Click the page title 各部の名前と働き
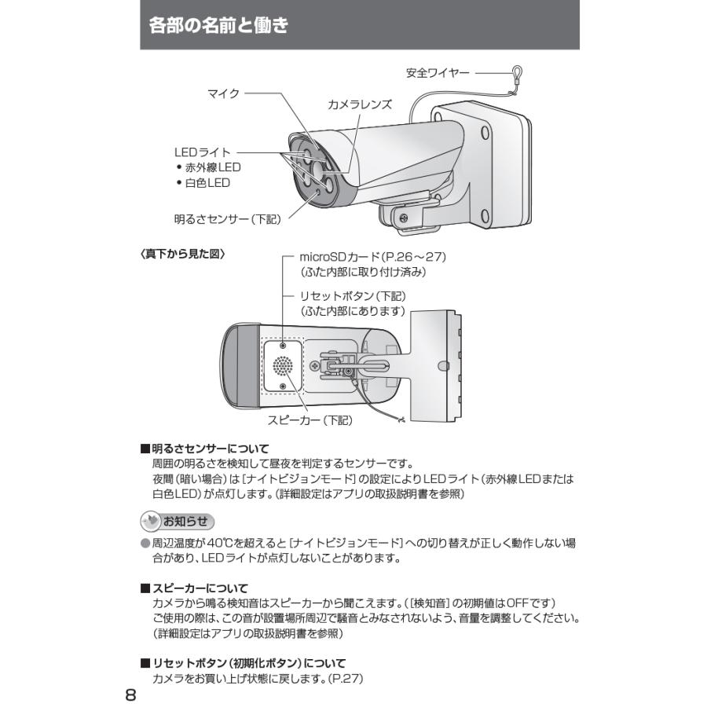point(218,26)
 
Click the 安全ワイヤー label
point(438,73)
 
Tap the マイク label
point(222,93)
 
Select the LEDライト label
point(202,152)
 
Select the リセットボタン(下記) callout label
point(353,297)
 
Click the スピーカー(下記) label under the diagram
point(310,420)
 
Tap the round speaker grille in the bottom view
point(282,365)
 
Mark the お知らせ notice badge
point(177,522)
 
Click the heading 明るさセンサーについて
point(210,449)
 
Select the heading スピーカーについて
point(200,588)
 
